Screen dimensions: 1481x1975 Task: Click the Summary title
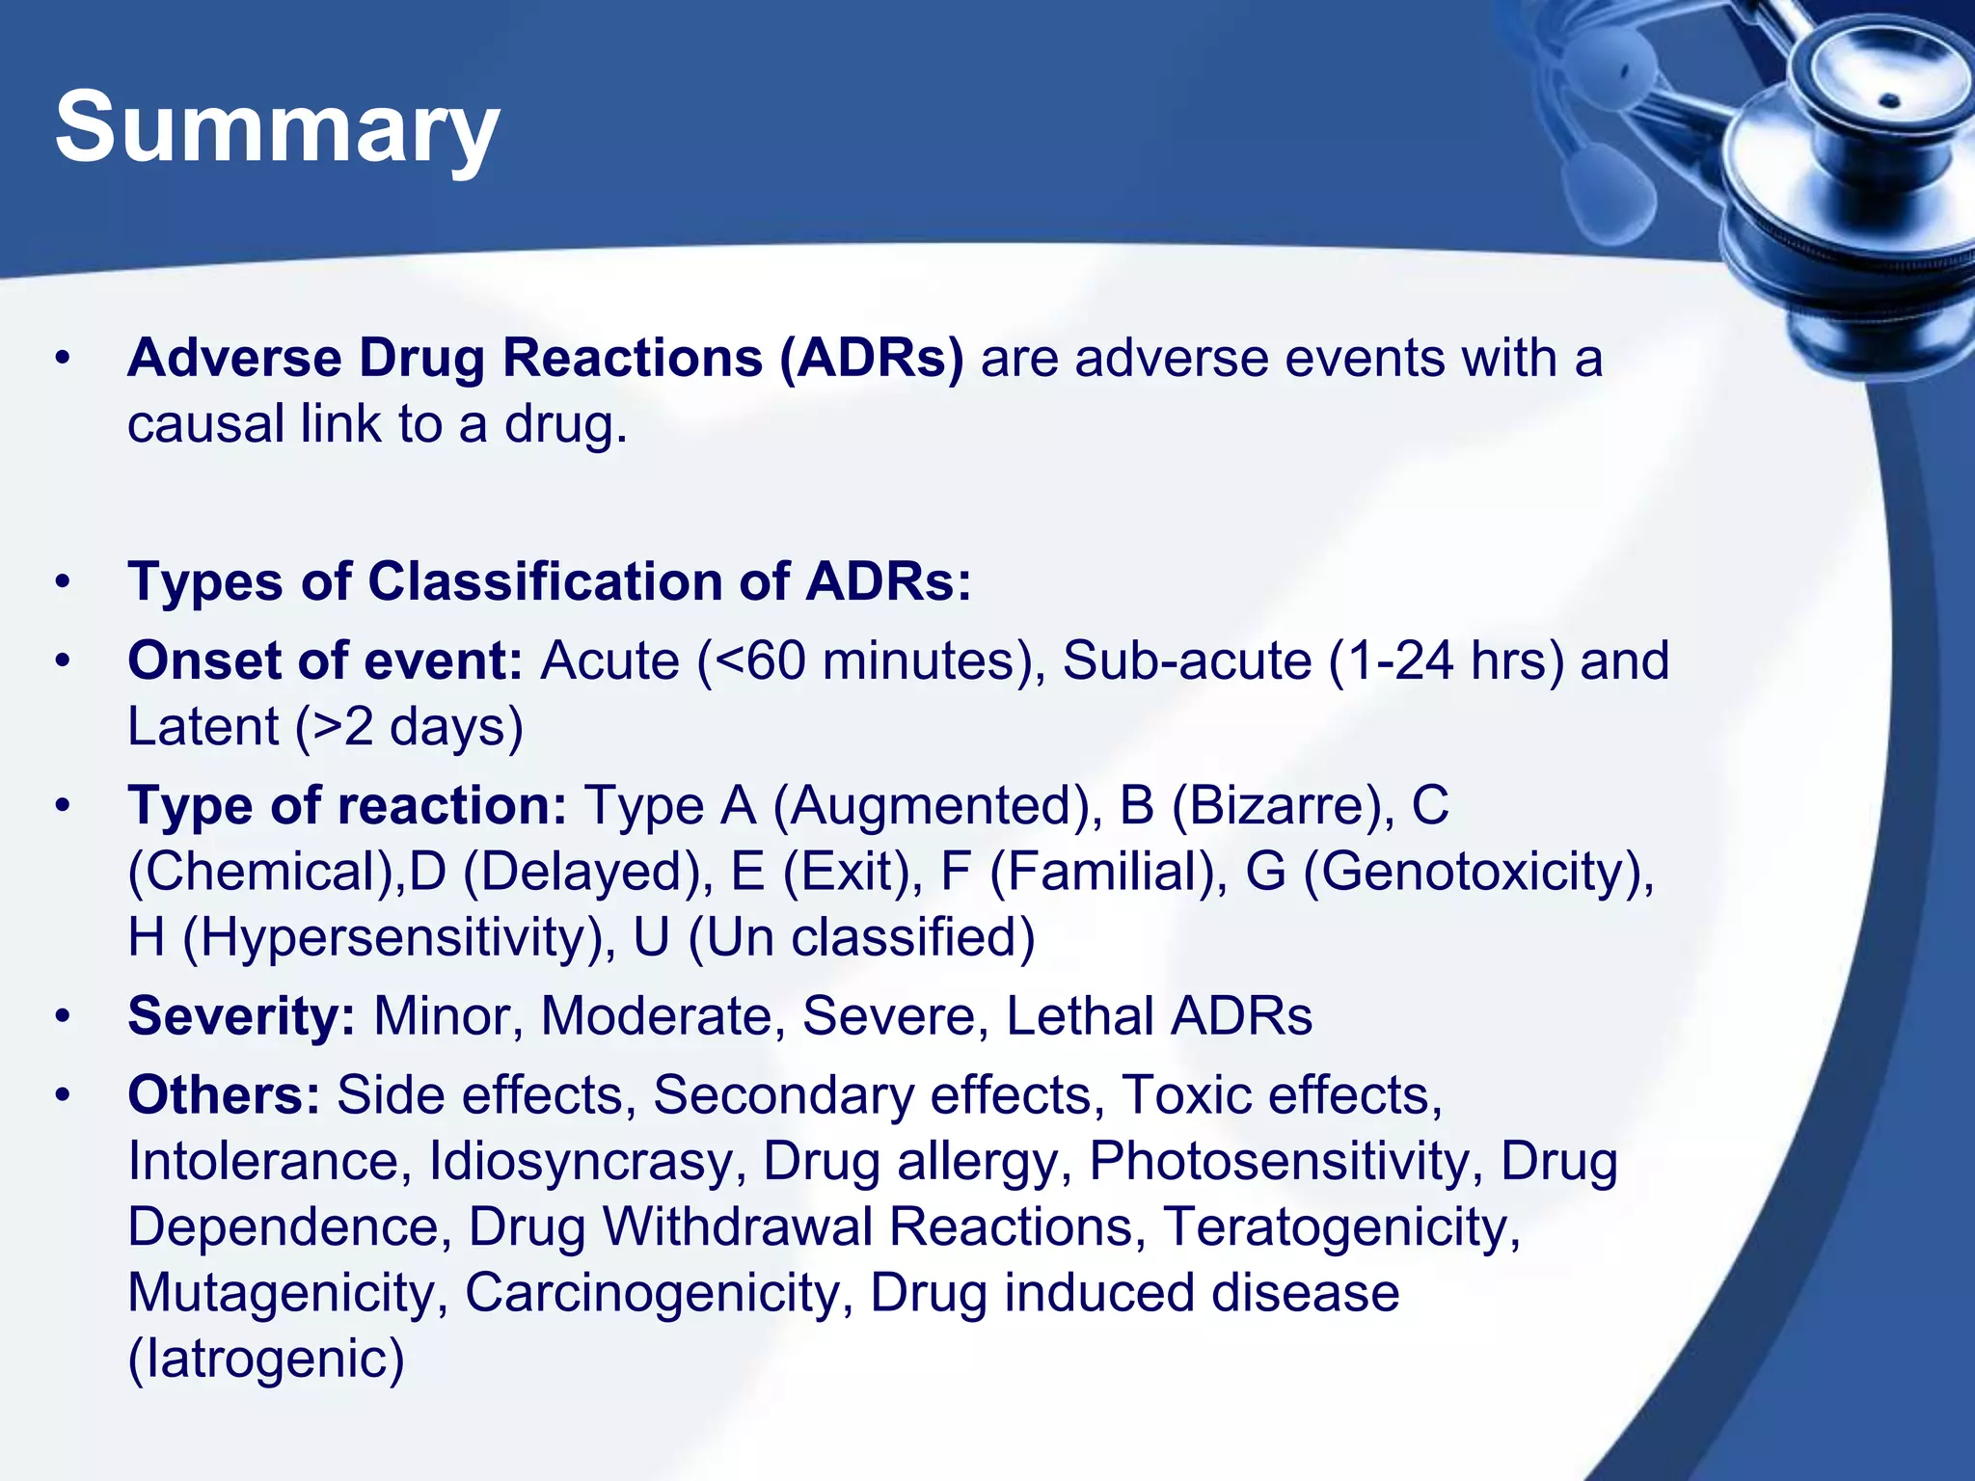tap(277, 127)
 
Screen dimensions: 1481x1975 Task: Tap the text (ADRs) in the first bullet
tap(871, 359)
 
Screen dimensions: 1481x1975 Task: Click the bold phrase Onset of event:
tap(325, 661)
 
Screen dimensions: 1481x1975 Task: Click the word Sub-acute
tap(1186, 661)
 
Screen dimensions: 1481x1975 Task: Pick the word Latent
tap(203, 727)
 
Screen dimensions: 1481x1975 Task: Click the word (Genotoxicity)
tap(1477, 872)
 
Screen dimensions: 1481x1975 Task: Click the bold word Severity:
tap(241, 1016)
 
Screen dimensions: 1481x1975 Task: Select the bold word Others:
tap(224, 1095)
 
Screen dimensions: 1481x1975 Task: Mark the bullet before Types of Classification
tap(64, 582)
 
